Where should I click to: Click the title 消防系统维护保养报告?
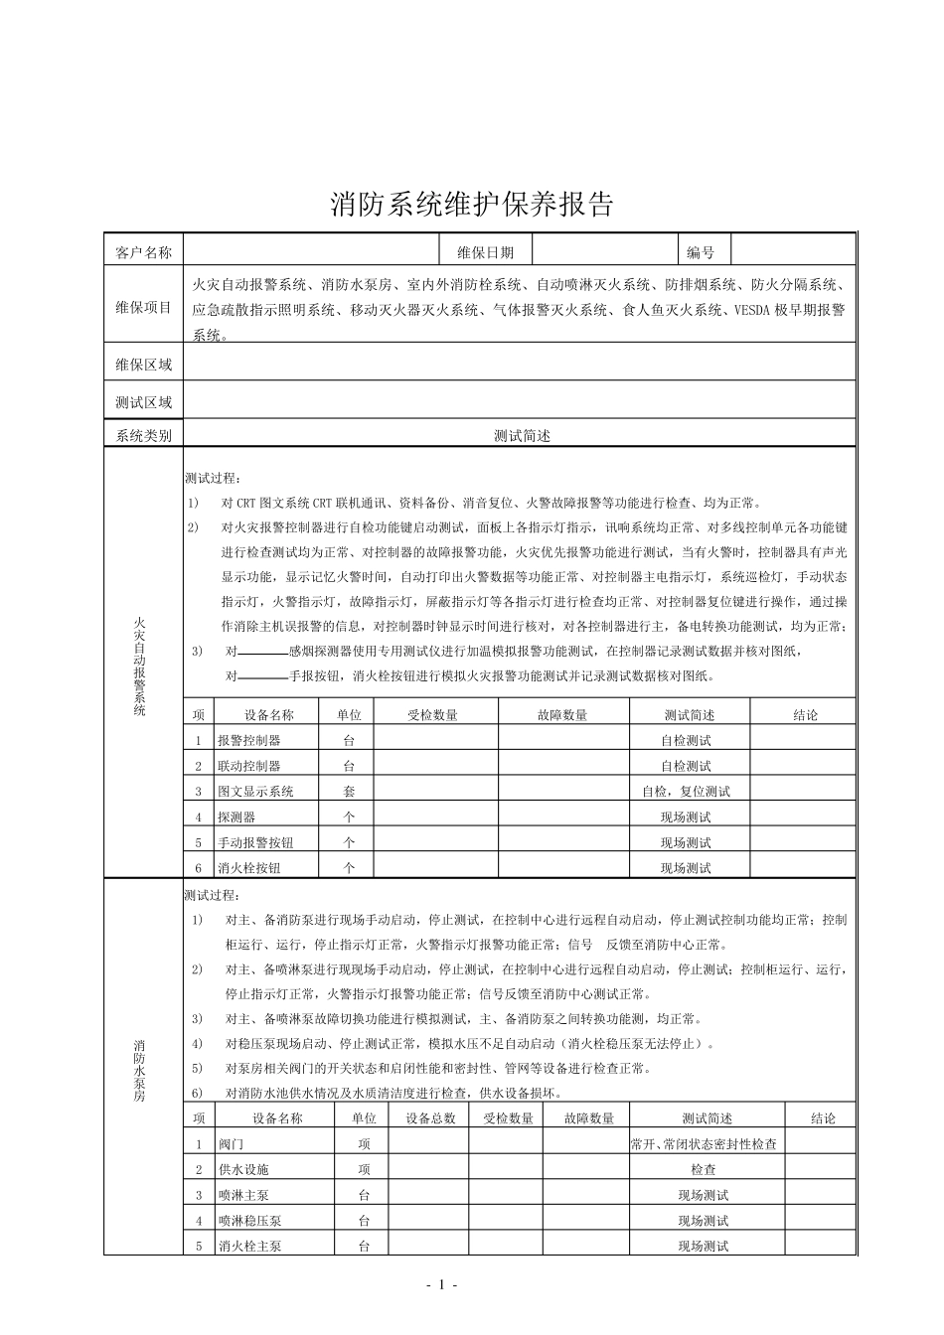pos(472,205)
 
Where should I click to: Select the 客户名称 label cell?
pos(144,252)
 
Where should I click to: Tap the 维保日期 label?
pos(485,252)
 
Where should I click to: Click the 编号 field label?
pos(701,252)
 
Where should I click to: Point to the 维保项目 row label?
pos(144,308)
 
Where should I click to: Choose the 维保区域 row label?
pos(144,365)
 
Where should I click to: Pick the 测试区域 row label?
pos(144,402)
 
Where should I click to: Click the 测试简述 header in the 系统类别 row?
pos(522,435)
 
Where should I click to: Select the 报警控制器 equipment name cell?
pos(249,740)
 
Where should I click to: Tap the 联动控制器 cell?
pos(249,766)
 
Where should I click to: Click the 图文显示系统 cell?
pos(255,792)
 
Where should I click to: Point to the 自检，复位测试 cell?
pos(686,792)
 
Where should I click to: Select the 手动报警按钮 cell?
pos(255,842)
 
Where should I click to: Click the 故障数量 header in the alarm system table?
pos(562,714)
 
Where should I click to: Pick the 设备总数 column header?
pos(430,1117)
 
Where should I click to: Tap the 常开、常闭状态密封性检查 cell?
pos(704,1144)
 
